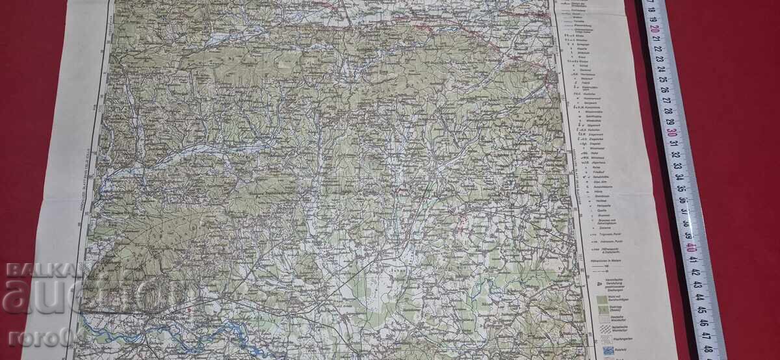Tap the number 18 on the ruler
(652, 6)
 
